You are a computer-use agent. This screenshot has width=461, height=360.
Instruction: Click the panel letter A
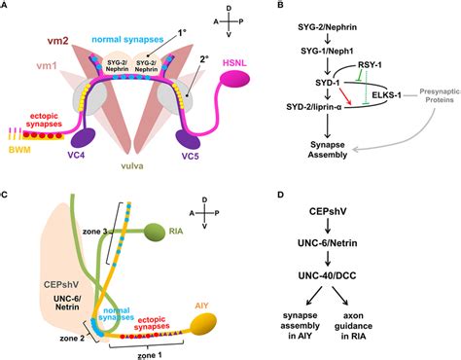[7, 7]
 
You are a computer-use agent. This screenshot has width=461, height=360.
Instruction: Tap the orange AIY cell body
[235, 320]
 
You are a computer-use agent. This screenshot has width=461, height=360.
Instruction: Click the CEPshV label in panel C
[51, 257]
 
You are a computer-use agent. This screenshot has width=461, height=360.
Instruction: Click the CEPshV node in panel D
[361, 213]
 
